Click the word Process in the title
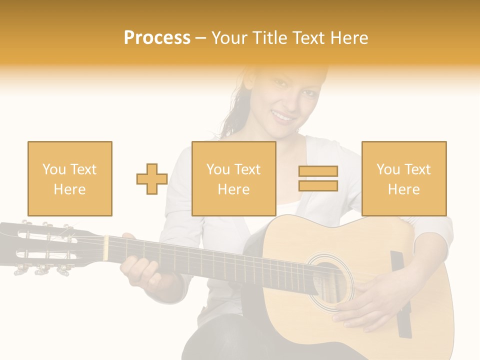[x=157, y=38]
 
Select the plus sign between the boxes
[x=152, y=179]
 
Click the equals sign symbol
[x=318, y=178]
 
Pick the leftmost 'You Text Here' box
[x=70, y=178]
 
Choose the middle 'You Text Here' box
[x=233, y=178]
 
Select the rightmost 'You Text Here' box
[x=404, y=178]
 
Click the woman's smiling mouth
[x=283, y=117]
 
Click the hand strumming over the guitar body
[x=360, y=305]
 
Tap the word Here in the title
[x=349, y=38]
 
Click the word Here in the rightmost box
[x=404, y=189]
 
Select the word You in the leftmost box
[x=53, y=169]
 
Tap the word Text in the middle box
[x=248, y=169]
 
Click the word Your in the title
[x=230, y=38]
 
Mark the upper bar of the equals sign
[x=318, y=171]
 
